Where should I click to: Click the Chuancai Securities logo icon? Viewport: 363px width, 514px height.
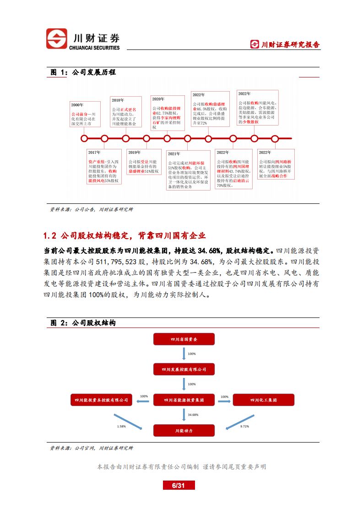click(56, 39)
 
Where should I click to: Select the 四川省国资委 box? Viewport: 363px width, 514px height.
click(184, 339)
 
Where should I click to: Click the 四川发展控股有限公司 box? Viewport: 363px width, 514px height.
click(184, 369)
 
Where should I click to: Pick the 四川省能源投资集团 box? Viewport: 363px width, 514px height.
click(184, 400)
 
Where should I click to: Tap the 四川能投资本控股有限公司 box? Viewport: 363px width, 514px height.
click(101, 400)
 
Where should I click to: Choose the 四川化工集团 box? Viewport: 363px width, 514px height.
click(264, 400)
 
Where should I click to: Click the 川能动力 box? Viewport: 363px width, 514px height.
click(184, 431)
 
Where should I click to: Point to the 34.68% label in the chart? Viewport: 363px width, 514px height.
click(193, 415)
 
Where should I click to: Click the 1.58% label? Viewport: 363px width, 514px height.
click(121, 427)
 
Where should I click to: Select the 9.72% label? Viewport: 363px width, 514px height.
click(245, 427)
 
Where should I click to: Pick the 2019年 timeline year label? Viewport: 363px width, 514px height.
click(135, 153)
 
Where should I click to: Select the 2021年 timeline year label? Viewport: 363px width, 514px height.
click(174, 154)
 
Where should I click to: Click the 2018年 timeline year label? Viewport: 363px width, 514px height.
click(118, 100)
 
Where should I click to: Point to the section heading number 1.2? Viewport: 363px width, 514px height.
click(49, 236)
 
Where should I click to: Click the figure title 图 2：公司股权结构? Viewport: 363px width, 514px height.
click(82, 323)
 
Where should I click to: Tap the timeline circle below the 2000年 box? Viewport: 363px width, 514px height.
click(84, 138)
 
